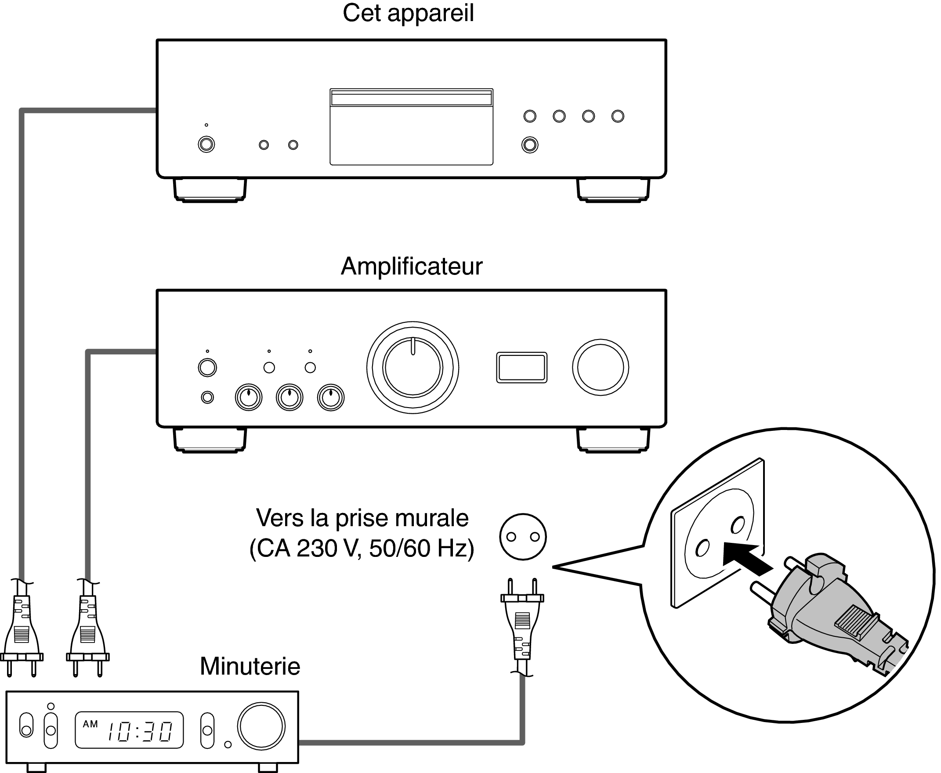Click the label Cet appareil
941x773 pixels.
click(408, 13)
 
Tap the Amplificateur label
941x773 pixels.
click(412, 267)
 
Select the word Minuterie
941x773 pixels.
click(250, 667)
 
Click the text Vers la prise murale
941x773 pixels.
click(362, 518)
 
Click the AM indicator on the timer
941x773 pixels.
click(90, 724)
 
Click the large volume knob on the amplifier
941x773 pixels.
click(413, 367)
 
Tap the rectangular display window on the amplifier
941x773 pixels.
click(521, 367)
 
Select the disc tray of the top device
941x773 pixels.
click(411, 127)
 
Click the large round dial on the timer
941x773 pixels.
click(261, 726)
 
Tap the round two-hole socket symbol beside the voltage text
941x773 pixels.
click(523, 537)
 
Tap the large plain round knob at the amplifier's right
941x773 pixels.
click(601, 367)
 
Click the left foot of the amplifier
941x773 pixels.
click(209, 440)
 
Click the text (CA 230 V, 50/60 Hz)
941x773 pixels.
click(362, 549)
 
